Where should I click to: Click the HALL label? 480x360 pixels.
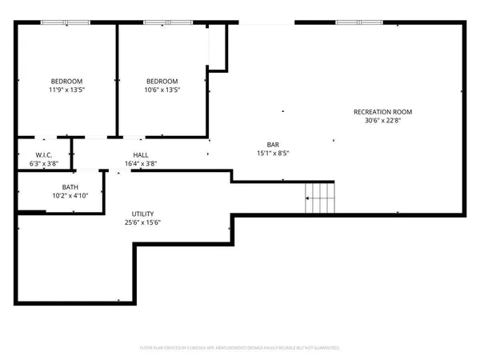click(141, 155)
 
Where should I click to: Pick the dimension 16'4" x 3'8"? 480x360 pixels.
click(141, 164)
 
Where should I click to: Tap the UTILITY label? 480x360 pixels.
click(143, 214)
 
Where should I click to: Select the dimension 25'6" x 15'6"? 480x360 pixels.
click(143, 224)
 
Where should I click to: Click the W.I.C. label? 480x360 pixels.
click(44, 155)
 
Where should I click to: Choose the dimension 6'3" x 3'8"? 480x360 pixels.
click(44, 164)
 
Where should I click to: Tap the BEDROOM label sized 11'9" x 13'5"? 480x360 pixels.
click(67, 82)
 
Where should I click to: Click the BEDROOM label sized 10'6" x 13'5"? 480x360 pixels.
click(162, 82)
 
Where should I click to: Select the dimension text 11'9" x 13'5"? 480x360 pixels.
click(67, 91)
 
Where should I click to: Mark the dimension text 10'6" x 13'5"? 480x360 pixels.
click(162, 91)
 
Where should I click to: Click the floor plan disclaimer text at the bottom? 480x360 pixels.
click(240, 348)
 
